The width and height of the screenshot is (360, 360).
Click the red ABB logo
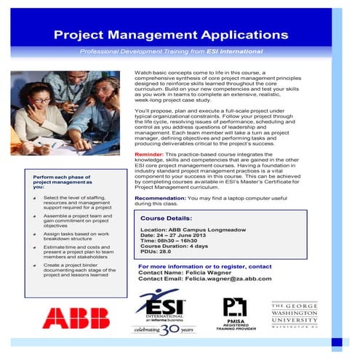tap(76, 317)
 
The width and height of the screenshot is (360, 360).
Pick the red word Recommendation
tap(160, 198)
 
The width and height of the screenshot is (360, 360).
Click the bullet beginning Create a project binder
tap(76, 270)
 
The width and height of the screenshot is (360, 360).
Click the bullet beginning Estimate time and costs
tap(76, 252)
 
